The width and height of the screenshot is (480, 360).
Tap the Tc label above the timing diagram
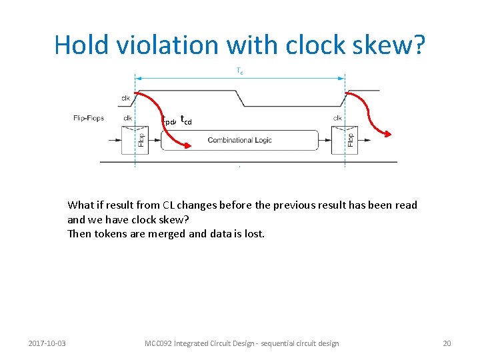point(239,70)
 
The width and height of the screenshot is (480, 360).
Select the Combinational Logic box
point(239,141)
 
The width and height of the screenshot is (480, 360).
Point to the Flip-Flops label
point(89,119)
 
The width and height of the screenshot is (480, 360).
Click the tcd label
point(186,120)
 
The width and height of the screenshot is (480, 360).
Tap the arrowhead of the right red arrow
point(389,136)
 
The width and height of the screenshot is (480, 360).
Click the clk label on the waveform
point(125,98)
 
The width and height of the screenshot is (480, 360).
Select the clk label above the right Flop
point(337,119)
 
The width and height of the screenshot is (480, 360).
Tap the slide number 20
point(447,343)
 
